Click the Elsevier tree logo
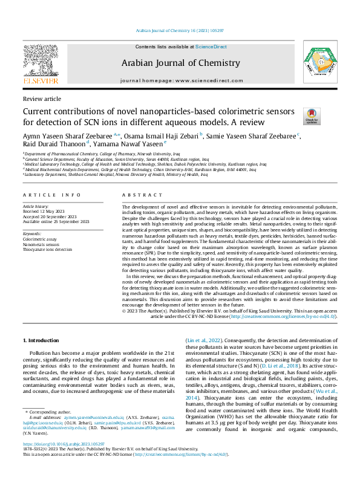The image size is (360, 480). [40, 61]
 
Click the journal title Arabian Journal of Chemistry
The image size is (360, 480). [181, 63]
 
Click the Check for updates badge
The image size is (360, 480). [312, 116]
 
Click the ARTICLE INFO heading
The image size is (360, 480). [51, 195]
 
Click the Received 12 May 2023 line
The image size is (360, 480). [45, 212]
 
